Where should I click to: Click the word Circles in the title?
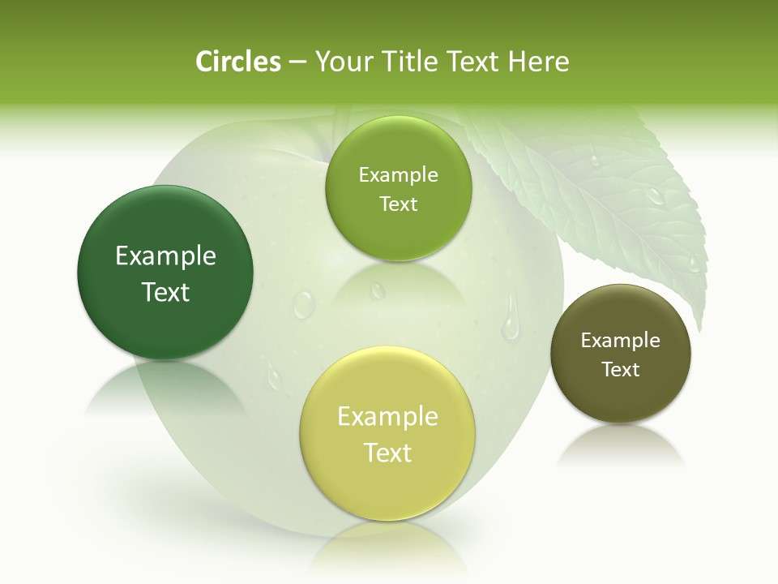[x=238, y=62]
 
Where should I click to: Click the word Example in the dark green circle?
[x=165, y=256]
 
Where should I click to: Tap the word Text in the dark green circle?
[x=165, y=292]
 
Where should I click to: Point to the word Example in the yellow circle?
[x=387, y=417]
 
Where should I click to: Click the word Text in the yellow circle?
[x=387, y=453]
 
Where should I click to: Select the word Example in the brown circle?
[x=621, y=341]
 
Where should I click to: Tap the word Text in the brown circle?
[x=621, y=370]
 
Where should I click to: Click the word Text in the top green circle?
[x=398, y=204]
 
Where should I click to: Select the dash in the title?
[x=297, y=62]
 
